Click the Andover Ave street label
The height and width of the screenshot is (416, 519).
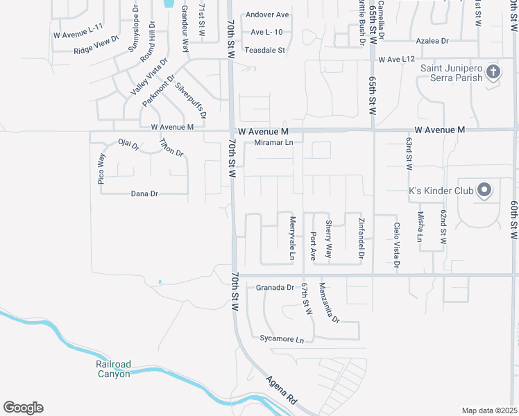266,15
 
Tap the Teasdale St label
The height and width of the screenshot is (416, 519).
264,50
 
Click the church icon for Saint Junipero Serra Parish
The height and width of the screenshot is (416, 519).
493,71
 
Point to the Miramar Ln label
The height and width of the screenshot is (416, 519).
274,143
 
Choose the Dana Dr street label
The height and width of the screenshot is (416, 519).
145,194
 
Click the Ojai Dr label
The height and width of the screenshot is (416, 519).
129,145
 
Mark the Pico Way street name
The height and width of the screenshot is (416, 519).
101,169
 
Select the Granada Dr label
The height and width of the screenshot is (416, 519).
275,287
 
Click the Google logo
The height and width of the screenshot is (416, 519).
23,408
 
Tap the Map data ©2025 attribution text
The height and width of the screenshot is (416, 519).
489,410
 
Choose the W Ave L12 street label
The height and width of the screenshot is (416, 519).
396,60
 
